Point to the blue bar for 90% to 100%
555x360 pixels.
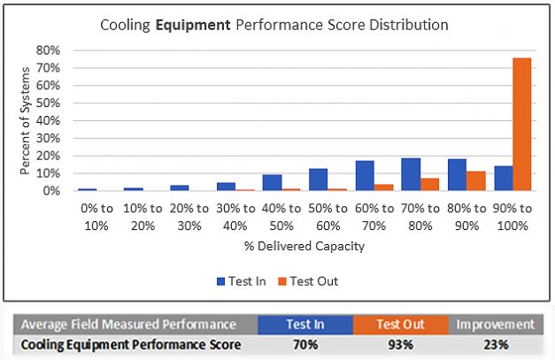pos(503,178)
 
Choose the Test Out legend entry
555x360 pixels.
pos(309,281)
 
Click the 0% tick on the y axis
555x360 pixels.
pos(50,191)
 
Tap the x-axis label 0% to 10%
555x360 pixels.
pos(96,218)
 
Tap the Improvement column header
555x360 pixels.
pos(495,324)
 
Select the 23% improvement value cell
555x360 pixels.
pos(495,343)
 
